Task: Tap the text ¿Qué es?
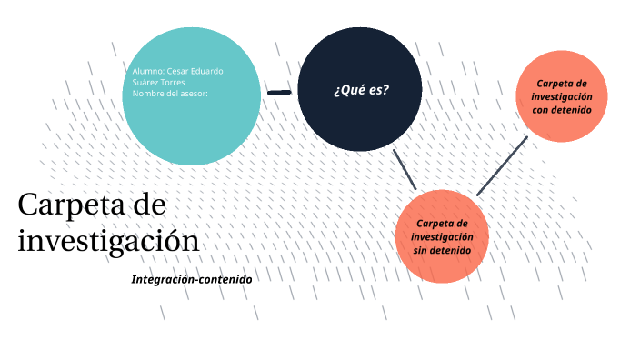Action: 361,89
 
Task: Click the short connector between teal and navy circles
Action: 279,92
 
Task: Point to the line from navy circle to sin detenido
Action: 404,169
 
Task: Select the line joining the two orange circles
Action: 502,165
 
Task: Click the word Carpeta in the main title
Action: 64,205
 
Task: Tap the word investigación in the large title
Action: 107,241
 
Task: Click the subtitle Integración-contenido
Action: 191,279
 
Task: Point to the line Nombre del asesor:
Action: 171,93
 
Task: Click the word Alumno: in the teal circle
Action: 148,71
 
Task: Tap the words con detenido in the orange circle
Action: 562,109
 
